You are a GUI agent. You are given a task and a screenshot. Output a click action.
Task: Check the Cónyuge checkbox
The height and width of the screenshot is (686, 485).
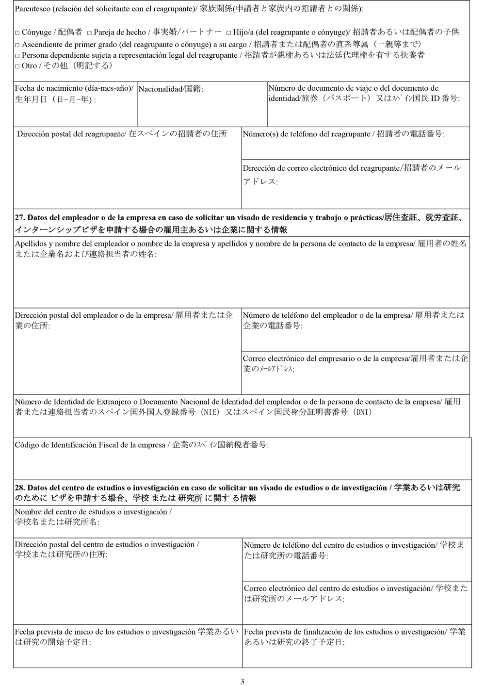pos(17,33)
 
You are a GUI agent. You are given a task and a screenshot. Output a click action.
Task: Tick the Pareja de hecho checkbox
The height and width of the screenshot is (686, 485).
pos(89,33)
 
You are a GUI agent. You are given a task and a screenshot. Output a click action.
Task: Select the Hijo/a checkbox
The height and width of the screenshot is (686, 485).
pos(228,33)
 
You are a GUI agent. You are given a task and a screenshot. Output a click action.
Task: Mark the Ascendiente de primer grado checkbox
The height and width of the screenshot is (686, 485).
pos(17,45)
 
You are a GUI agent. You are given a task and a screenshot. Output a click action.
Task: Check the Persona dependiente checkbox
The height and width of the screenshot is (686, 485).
pos(17,56)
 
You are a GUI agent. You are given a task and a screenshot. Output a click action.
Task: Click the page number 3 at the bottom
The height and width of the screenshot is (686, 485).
pos(242,681)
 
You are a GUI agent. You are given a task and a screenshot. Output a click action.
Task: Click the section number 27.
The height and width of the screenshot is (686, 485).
pos(19,218)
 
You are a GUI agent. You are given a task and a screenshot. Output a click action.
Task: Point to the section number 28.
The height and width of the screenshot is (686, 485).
pos(19,488)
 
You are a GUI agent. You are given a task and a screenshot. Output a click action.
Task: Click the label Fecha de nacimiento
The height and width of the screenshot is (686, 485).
pos(48,88)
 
